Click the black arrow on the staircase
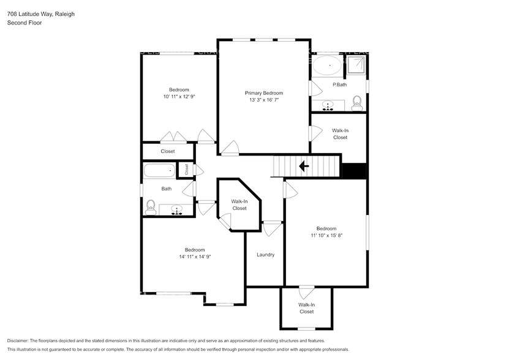click(303, 165)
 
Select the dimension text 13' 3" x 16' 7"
click(264, 100)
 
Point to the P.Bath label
click(339, 84)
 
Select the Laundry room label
click(265, 255)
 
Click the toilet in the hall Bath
click(151, 208)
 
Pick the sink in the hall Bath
click(177, 211)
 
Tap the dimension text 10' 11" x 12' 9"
click(179, 97)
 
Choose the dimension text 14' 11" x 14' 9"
click(195, 257)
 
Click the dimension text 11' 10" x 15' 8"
click(326, 236)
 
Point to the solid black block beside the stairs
click(353, 171)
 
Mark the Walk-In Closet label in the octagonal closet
click(239, 204)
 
